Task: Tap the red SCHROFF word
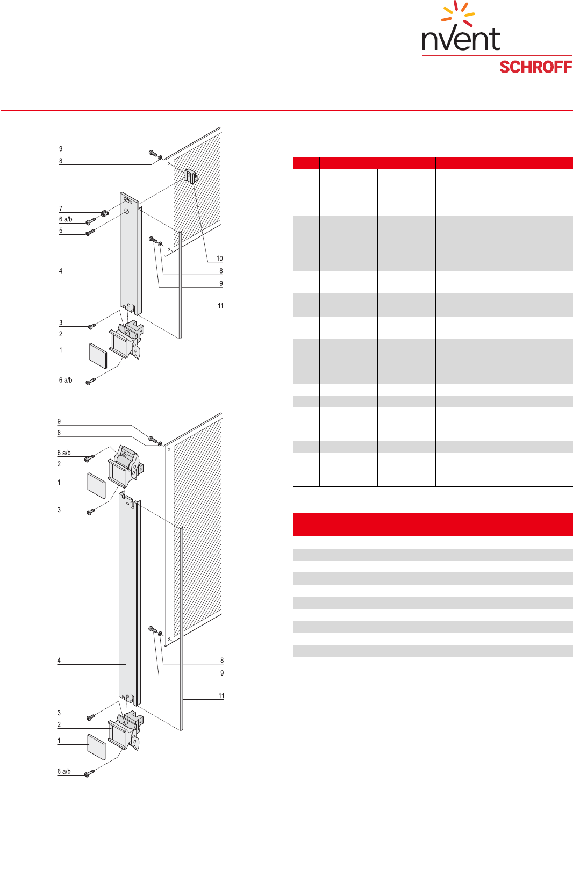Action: click(535, 67)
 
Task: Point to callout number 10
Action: click(220, 259)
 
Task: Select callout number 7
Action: click(61, 209)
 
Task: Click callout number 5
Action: click(61, 231)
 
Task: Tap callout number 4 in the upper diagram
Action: click(61, 271)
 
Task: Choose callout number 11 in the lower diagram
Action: click(221, 696)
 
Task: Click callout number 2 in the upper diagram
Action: click(61, 334)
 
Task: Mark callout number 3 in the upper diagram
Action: click(61, 323)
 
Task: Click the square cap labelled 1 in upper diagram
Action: click(98, 356)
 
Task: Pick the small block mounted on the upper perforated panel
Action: click(191, 175)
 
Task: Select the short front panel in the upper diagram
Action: click(130, 254)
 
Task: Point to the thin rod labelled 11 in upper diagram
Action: click(180, 285)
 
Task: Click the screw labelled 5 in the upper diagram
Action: click(91, 232)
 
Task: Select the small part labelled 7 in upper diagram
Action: click(104, 213)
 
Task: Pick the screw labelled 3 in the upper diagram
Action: click(92, 326)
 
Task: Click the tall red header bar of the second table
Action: click(433, 525)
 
